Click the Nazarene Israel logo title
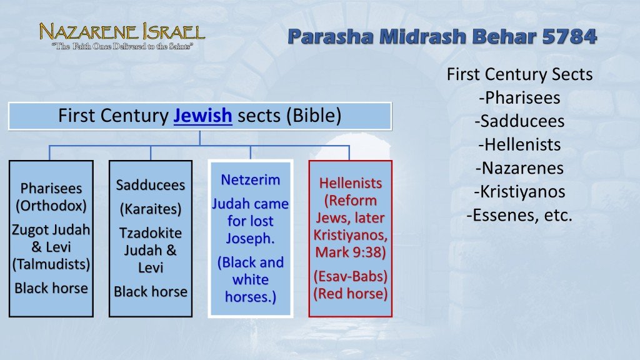[122, 31]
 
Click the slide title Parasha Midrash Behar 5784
[442, 37]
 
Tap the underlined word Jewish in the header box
[202, 116]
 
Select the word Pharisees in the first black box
[51, 188]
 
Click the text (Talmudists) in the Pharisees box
[51, 264]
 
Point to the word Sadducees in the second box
[151, 185]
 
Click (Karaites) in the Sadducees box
[151, 208]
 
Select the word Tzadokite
[151, 232]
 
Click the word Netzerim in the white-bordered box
[250, 180]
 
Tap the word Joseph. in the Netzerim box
[250, 238]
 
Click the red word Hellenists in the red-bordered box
[351, 183]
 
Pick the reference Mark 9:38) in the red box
[351, 253]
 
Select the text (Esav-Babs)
[351, 276]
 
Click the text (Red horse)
[351, 293]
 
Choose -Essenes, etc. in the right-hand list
[519, 216]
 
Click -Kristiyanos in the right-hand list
[519, 192]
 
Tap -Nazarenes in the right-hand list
[519, 168]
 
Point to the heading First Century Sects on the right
[519, 74]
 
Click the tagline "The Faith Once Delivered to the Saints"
[122, 47]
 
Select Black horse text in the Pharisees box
[51, 288]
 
